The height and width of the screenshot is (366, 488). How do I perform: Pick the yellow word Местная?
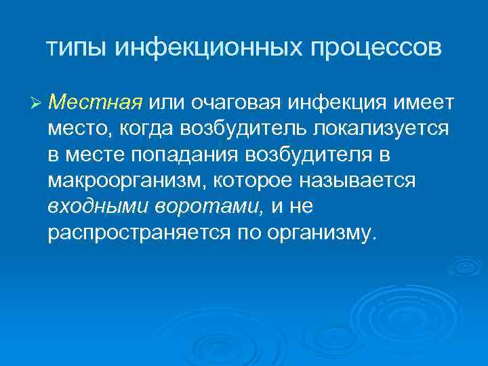(x=95, y=102)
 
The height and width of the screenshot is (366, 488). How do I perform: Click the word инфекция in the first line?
(x=333, y=102)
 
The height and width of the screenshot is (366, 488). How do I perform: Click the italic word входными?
(x=89, y=206)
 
